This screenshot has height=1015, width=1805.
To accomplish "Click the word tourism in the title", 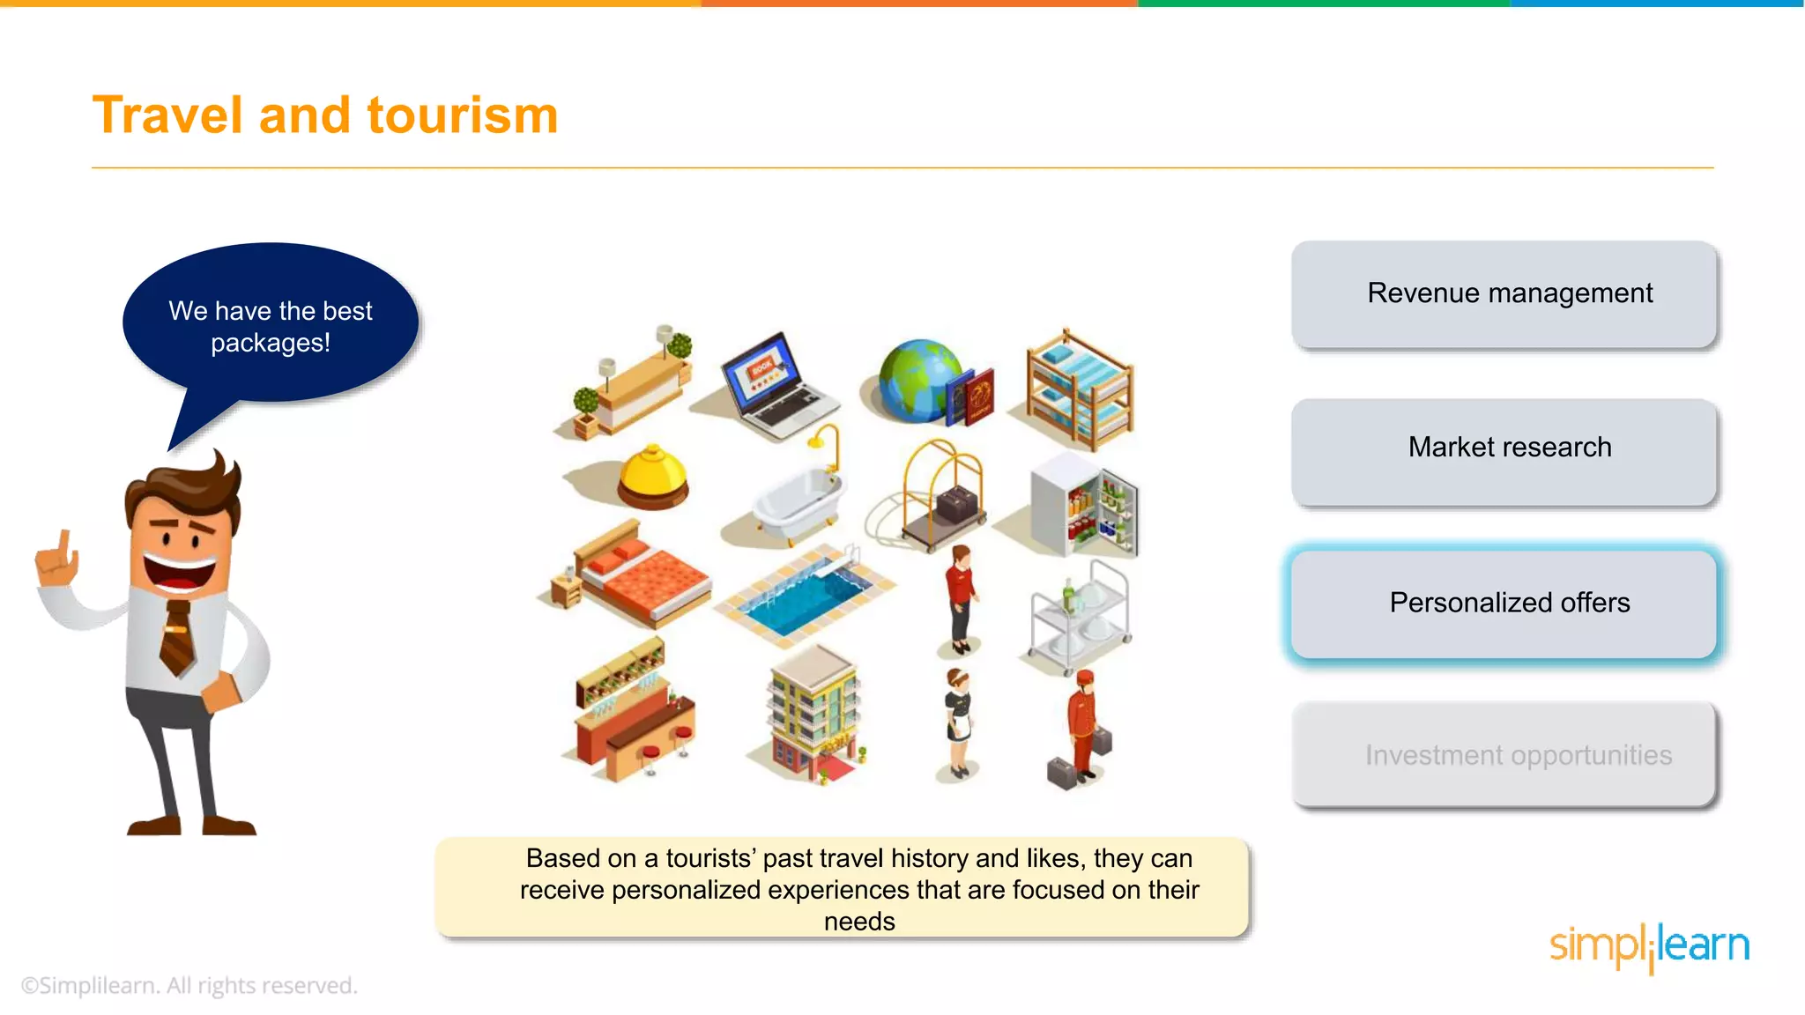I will click(x=462, y=115).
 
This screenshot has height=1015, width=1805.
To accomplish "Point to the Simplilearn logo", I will click(x=1648, y=946).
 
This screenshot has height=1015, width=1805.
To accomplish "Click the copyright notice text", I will click(x=189, y=985).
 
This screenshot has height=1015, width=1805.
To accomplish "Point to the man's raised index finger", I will click(x=63, y=543).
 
